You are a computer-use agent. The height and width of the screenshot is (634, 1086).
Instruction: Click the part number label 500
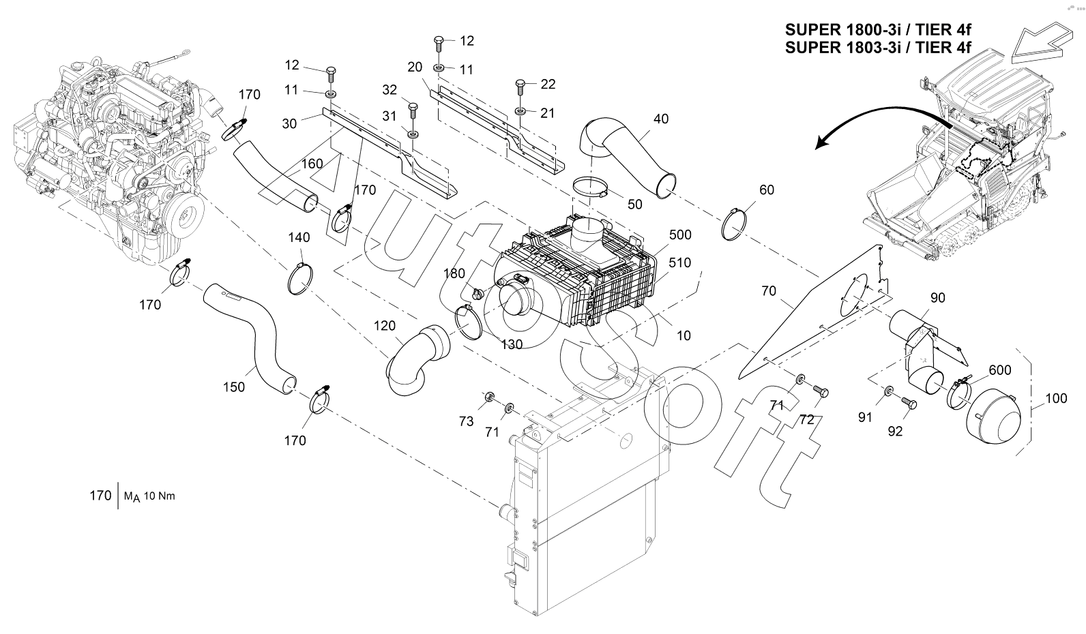tap(680, 235)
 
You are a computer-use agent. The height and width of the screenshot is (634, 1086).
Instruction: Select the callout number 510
tap(679, 262)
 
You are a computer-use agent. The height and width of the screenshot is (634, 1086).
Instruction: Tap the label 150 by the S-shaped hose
tap(234, 387)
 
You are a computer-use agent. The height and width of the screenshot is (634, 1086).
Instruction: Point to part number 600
tap(999, 370)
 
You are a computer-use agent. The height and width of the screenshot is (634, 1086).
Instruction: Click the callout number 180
tap(454, 273)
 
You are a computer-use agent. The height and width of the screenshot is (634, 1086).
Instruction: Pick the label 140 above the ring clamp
tap(299, 237)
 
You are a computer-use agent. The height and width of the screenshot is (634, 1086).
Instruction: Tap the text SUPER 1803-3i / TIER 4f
tap(878, 48)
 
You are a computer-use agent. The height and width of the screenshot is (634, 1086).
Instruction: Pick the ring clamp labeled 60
tap(733, 224)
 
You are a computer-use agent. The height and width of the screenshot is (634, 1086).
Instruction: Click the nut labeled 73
tap(489, 397)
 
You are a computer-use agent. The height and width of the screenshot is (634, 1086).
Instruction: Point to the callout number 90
tap(938, 298)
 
